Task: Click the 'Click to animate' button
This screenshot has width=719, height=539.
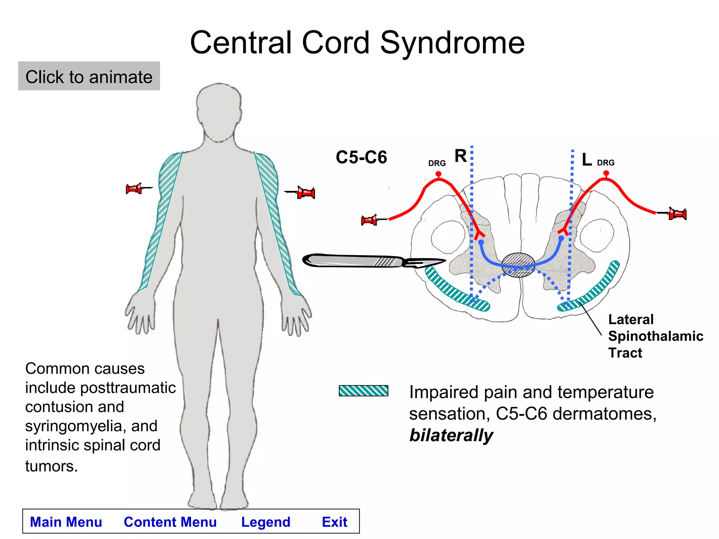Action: click(89, 76)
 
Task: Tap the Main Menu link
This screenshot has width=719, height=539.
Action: click(66, 522)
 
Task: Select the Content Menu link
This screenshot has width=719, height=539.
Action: click(170, 522)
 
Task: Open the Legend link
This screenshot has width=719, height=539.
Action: click(265, 522)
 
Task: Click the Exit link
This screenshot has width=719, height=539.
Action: click(334, 522)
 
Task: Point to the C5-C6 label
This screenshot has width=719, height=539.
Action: click(361, 157)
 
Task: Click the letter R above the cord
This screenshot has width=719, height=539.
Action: click(460, 156)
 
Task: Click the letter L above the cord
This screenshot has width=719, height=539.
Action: click(586, 160)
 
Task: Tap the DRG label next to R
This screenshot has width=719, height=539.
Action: click(437, 163)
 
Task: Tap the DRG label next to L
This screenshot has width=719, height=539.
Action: click(606, 163)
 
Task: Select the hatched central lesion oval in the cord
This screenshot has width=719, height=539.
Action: click(518, 265)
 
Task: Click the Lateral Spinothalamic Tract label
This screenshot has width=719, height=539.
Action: click(655, 336)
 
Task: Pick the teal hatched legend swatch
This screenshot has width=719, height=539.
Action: click(363, 391)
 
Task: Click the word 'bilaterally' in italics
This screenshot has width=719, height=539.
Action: click(451, 435)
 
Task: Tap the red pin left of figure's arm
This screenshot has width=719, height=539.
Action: click(135, 189)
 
